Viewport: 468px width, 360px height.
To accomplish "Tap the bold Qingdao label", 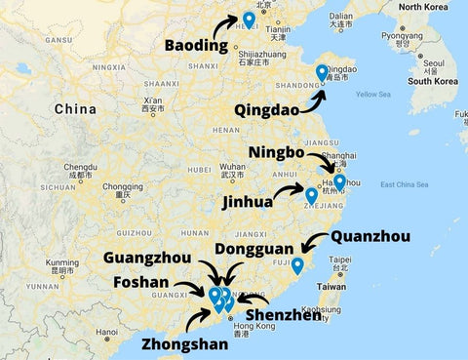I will click(267, 109).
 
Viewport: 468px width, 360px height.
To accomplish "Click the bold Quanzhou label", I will click(370, 236).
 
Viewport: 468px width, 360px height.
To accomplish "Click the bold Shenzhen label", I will click(283, 315).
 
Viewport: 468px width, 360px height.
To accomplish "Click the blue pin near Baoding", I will click(249, 19).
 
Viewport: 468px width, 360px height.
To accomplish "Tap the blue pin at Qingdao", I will click(322, 71).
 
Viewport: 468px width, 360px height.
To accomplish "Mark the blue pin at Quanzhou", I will click(297, 264).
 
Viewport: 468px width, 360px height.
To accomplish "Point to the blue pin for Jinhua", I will click(311, 195).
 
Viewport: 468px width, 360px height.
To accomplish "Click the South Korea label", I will click(433, 81).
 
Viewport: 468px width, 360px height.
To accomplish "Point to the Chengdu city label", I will click(81, 168).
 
